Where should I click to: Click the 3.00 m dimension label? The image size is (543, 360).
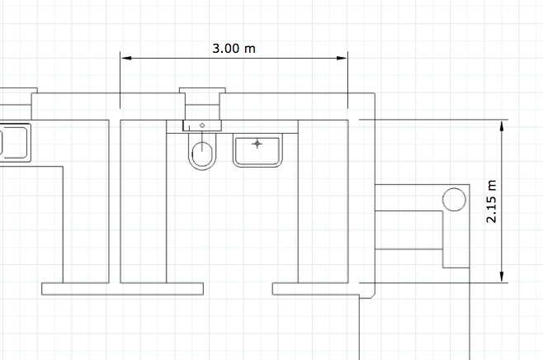click(x=234, y=49)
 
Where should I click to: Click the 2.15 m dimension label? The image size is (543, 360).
click(x=491, y=201)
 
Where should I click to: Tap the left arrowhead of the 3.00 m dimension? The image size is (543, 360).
click(x=126, y=58)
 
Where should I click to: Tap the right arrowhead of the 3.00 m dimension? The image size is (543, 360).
click(x=342, y=58)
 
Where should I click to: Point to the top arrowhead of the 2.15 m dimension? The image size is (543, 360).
click(x=502, y=126)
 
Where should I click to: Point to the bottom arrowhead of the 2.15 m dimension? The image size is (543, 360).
click(x=502, y=277)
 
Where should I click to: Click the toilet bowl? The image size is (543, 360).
click(x=202, y=152)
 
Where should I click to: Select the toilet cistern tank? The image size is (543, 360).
click(x=202, y=126)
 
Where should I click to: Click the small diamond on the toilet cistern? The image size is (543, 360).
click(x=202, y=126)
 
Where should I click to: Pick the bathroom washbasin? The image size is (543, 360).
click(x=257, y=150)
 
